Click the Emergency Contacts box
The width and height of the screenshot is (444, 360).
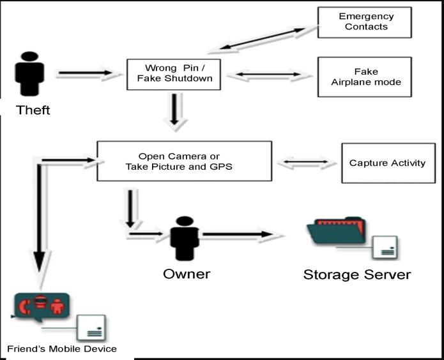click(x=365, y=22)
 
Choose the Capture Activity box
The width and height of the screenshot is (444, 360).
click(x=388, y=163)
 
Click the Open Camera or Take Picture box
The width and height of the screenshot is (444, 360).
click(x=184, y=161)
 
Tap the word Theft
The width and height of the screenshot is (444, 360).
click(x=33, y=110)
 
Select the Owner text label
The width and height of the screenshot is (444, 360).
click(x=187, y=274)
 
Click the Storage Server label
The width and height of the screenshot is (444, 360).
click(x=356, y=274)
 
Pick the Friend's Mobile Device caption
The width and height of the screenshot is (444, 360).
click(x=61, y=349)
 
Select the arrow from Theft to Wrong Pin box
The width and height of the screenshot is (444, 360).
click(x=88, y=74)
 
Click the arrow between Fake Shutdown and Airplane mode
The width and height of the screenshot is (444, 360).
click(x=264, y=75)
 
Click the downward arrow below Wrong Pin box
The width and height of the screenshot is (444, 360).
click(x=174, y=110)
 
